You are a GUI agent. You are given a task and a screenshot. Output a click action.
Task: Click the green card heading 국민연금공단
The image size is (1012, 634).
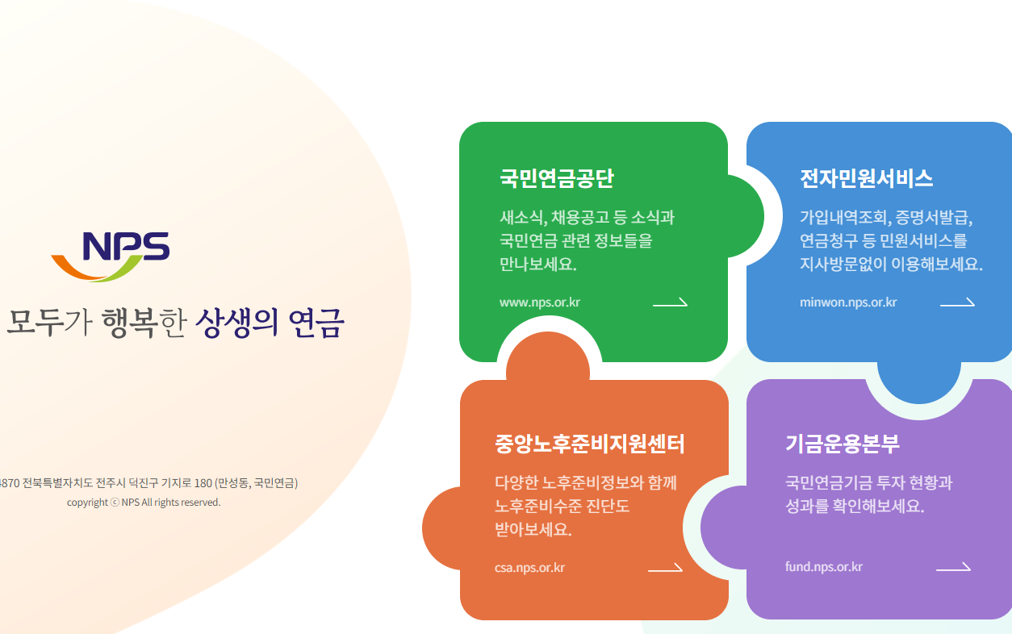pos(556,178)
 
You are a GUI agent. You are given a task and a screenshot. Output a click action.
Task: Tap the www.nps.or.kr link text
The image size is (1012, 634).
pos(539,302)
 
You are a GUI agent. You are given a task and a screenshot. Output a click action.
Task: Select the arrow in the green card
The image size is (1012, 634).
pos(670,303)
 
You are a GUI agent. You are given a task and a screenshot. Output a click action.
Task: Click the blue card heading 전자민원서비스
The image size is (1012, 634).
pos(866,178)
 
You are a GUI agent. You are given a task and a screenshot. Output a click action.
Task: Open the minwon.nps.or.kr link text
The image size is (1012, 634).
pos(848,302)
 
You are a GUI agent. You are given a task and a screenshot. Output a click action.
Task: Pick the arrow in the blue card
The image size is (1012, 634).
pos(957,303)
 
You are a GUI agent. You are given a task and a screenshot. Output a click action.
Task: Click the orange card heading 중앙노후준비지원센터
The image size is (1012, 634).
pos(590,444)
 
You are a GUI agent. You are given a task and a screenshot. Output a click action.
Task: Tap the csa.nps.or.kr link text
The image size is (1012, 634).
pos(529,567)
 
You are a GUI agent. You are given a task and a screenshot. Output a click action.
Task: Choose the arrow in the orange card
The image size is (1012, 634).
pos(665,568)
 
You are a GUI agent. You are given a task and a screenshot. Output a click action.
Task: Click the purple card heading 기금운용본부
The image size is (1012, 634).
pos(842,443)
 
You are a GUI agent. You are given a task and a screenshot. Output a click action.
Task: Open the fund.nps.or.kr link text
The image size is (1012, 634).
pos(823,566)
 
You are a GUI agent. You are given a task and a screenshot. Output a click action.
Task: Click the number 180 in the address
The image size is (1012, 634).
pos(202,483)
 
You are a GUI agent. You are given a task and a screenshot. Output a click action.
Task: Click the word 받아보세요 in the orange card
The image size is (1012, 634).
pos(533,529)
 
